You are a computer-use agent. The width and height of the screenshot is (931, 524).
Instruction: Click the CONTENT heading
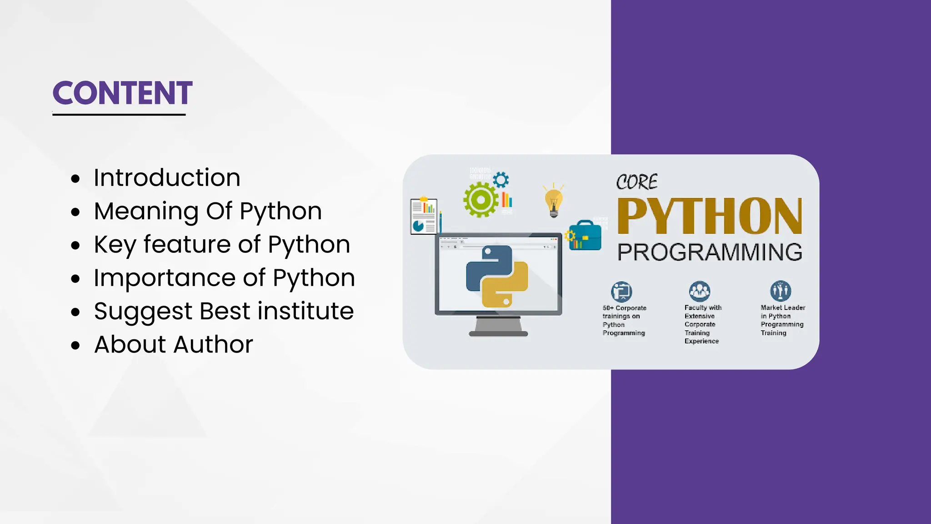point(122,93)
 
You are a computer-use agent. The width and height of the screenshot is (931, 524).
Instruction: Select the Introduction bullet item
point(167,177)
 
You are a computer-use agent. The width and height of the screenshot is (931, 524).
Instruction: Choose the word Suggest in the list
point(143,312)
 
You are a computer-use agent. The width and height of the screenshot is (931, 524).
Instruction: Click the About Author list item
point(173,344)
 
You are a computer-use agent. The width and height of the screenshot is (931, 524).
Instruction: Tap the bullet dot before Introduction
point(75,179)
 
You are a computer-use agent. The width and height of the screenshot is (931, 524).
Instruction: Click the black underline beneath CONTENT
point(119,115)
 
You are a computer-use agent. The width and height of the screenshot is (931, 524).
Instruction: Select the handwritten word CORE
point(636,182)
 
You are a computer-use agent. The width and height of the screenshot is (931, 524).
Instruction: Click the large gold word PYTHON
point(709,217)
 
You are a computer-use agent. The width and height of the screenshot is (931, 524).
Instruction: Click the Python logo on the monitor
point(497,276)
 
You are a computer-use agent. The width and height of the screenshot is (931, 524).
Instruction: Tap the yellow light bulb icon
point(553,201)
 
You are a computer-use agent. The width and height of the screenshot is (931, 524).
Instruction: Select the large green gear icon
point(481,199)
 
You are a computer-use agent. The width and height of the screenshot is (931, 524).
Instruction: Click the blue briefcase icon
point(586,236)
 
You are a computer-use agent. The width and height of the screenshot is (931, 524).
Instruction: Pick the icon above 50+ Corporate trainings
point(621,291)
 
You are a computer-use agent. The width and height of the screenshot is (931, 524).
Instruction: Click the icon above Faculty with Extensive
point(699,291)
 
